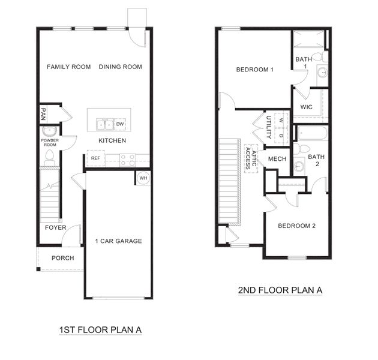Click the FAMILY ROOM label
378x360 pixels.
coord(69,67)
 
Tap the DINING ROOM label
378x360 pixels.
coord(121,67)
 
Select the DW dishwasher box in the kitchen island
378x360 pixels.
coord(120,124)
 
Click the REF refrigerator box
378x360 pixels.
coord(95,158)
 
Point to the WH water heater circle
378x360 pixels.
coord(143,178)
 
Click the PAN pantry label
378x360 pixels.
coord(44,114)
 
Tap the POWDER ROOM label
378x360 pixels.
coord(49,142)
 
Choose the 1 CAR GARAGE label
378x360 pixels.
coord(118,241)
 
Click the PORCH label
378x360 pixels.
coord(63,258)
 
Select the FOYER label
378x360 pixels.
coord(56,227)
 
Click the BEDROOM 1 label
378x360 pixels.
coord(255,70)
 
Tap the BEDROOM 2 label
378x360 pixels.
coord(296,226)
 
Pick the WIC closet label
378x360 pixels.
coord(307,107)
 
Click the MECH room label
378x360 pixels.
coord(277,158)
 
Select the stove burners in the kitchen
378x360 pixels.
coord(127,159)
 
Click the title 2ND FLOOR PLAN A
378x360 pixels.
coord(280,290)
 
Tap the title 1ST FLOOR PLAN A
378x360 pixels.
coord(100,329)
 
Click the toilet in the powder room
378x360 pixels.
coord(50,158)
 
